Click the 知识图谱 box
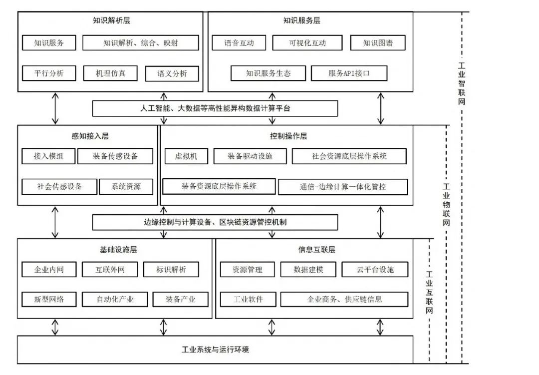point(378,42)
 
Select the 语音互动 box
point(239,42)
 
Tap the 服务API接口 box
point(349,73)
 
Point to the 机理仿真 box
point(110,73)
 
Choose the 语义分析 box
point(172,73)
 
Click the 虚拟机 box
point(186,156)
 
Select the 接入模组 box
point(48,156)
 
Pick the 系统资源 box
point(126,187)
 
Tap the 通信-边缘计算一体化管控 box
point(343,187)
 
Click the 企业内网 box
point(49,269)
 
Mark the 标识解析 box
point(171,269)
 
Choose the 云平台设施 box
point(375,269)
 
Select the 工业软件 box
point(248,299)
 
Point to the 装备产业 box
point(181,299)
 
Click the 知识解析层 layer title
point(111,20)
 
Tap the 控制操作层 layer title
point(288,136)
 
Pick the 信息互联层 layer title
point(316,250)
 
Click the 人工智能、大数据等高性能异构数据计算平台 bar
point(215,108)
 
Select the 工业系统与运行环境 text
point(215,350)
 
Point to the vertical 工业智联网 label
point(461,83)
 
